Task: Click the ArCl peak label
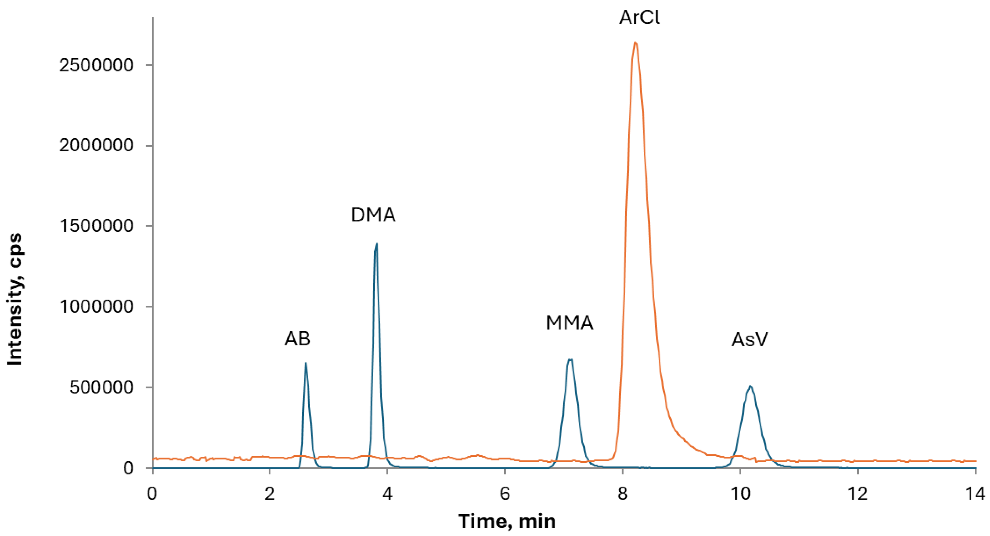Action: [x=639, y=18]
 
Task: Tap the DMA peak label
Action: [x=373, y=215]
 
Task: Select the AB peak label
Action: [x=297, y=339]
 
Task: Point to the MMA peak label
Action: [x=570, y=323]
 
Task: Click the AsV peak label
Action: [x=749, y=340]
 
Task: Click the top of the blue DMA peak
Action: [x=376, y=244]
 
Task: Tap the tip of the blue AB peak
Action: [x=306, y=363]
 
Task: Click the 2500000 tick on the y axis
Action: [x=101, y=65]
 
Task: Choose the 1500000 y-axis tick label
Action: [x=101, y=226]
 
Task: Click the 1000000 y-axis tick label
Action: [x=101, y=307]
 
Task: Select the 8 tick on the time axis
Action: [x=623, y=494]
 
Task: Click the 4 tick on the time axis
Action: [x=387, y=494]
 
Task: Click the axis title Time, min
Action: [x=507, y=521]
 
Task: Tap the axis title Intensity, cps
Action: [x=15, y=299]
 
